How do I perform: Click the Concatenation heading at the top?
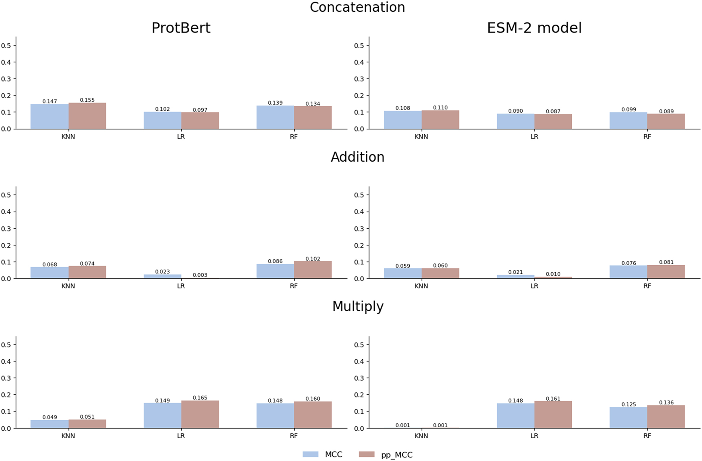point(357,7)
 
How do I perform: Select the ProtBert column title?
point(181,28)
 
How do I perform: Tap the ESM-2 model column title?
point(534,28)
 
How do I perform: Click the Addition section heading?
point(357,157)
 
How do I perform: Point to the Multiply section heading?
point(357,306)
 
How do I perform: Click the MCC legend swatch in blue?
point(310,454)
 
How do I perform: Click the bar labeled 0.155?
point(87,116)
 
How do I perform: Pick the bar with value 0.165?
point(200,414)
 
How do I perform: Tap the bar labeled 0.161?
point(553,415)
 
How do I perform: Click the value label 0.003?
point(200,275)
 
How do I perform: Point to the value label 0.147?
point(49,101)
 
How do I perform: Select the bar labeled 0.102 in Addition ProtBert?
point(313,270)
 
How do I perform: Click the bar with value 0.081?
point(666,272)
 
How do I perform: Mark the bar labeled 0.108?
point(403,120)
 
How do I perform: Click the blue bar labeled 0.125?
point(628,418)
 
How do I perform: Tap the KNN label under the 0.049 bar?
point(68,436)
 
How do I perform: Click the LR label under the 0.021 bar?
point(534,286)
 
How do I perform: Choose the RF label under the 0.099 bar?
point(647,137)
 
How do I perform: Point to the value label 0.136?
point(666,403)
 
